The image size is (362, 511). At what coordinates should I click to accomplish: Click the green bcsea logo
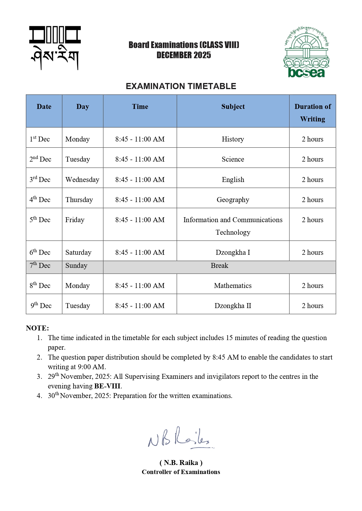(x=306, y=52)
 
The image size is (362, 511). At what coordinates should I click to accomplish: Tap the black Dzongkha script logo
(x=55, y=48)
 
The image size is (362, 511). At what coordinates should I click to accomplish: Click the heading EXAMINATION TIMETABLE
(x=181, y=86)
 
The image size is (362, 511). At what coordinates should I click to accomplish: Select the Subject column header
(x=233, y=107)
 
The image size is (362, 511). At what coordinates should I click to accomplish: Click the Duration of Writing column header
(x=312, y=113)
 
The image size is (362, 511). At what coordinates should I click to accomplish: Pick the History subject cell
(x=233, y=139)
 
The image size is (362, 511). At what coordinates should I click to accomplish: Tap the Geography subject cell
(x=233, y=200)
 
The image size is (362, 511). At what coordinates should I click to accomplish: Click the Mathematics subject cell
(x=233, y=286)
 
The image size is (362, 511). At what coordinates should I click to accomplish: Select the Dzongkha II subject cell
(x=233, y=306)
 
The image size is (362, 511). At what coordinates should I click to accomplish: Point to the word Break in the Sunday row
(x=219, y=266)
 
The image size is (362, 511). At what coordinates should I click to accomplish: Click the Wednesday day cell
(x=82, y=180)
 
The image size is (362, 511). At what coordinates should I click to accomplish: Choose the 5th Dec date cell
(x=40, y=220)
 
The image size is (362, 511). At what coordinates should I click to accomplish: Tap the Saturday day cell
(x=78, y=252)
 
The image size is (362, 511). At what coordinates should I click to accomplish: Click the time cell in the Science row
(x=140, y=159)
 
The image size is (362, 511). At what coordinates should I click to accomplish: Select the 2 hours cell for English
(x=312, y=180)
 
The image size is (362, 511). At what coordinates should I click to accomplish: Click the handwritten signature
(x=179, y=438)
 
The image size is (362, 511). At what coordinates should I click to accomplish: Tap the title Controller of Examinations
(x=181, y=472)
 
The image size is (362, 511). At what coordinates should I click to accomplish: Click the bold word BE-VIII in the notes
(x=107, y=386)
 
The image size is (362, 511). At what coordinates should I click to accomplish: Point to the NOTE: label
(x=37, y=328)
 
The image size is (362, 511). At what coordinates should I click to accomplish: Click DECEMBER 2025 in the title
(x=184, y=55)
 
